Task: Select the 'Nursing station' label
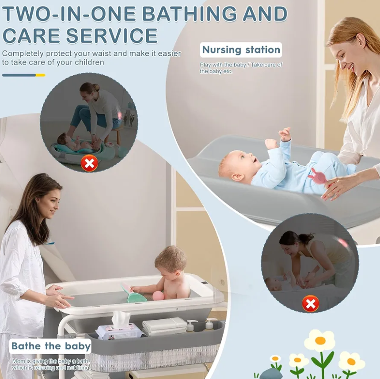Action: tap(241, 50)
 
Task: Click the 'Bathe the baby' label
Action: tap(51, 346)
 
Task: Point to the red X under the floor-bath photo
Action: tap(89, 164)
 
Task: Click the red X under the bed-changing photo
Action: tap(311, 303)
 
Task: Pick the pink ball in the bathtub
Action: tap(158, 295)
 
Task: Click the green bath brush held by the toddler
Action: tap(135, 294)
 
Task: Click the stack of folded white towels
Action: tap(164, 326)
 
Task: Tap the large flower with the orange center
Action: tap(319, 341)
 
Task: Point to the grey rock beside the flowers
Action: tap(270, 374)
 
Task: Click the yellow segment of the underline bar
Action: tap(40, 75)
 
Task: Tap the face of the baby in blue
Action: tap(234, 166)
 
